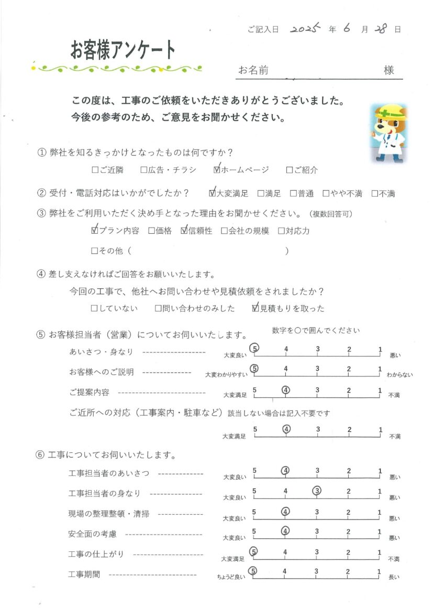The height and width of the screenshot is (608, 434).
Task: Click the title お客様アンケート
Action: click(123, 50)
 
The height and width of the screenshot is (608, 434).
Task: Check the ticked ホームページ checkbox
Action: click(217, 170)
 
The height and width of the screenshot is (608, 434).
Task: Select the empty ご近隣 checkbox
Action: click(95, 170)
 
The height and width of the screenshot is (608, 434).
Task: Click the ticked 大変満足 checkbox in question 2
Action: click(212, 193)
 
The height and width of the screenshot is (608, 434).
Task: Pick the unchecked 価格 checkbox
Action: click(151, 231)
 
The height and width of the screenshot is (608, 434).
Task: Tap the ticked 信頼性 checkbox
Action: click(184, 231)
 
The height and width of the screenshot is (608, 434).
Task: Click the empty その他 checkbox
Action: click(95, 251)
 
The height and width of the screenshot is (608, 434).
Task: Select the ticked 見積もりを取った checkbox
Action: click(255, 309)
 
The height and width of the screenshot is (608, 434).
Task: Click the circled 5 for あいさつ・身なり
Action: click(254, 349)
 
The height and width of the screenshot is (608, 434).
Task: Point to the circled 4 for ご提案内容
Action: click(286, 389)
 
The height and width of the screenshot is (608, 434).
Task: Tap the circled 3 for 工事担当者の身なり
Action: click(317, 491)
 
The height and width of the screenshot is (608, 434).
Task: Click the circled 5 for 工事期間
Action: click(254, 571)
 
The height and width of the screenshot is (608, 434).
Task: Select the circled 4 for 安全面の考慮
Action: click(285, 530)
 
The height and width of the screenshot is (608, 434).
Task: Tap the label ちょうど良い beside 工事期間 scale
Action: click(231, 578)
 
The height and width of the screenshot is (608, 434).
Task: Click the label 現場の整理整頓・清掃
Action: click(109, 514)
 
